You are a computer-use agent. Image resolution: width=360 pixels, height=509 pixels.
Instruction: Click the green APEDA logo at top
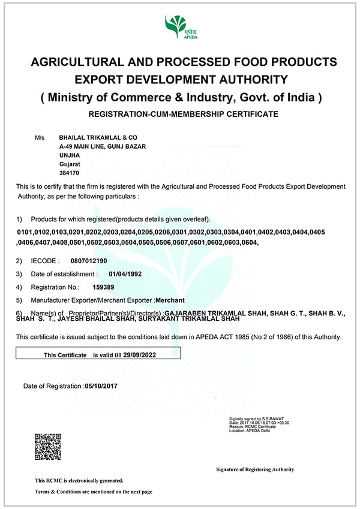181,28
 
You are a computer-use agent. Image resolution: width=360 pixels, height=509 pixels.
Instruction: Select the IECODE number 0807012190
89,261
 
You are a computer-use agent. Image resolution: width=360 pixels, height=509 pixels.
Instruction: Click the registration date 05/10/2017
101,385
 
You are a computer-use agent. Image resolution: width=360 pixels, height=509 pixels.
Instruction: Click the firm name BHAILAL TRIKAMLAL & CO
94,137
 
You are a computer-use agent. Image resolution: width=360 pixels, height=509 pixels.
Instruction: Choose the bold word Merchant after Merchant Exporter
170,300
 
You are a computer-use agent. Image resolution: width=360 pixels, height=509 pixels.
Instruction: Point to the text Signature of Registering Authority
255,469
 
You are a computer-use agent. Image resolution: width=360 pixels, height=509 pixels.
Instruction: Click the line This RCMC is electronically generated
79,480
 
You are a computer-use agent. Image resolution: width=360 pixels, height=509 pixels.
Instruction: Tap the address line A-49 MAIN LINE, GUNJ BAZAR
103,146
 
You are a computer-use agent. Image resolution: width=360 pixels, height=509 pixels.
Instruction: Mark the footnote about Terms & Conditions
93,492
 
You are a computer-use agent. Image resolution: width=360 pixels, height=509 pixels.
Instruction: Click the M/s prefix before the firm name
40,137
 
